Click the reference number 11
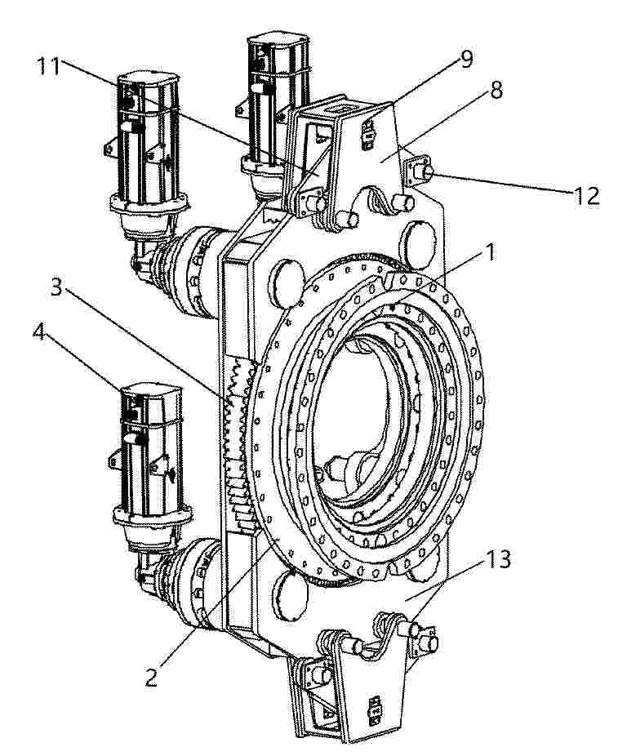click(49, 66)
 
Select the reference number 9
click(465, 59)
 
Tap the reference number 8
click(496, 90)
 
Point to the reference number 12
click(586, 196)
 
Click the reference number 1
click(491, 252)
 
